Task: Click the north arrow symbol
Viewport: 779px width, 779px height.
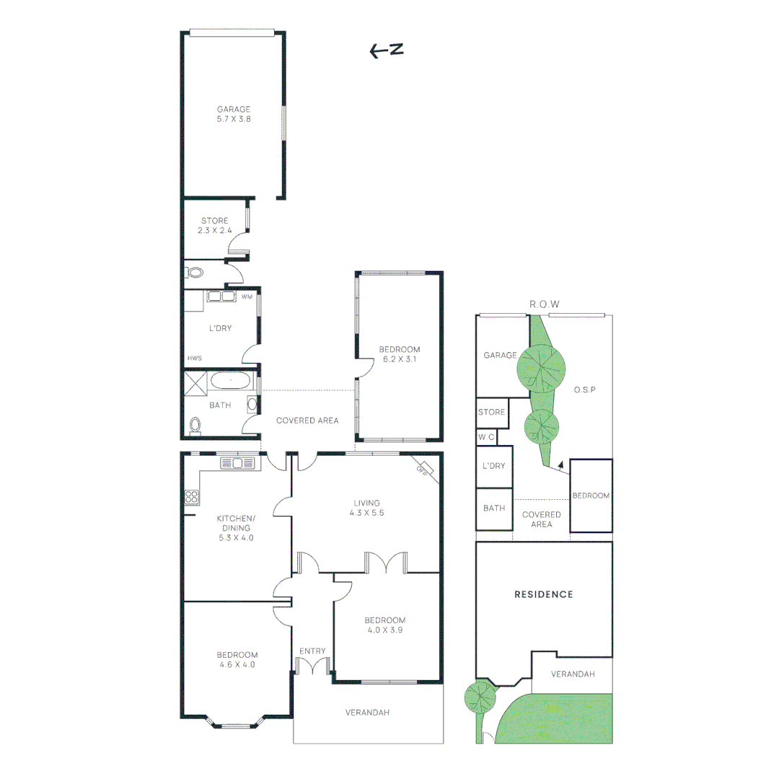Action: coord(386,50)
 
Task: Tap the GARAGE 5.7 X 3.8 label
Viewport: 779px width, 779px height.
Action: coord(234,115)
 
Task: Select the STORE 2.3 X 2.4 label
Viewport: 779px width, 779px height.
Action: coord(214,226)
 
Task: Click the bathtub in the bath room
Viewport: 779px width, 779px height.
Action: coord(231,380)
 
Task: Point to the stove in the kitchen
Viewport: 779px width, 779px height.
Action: coord(192,496)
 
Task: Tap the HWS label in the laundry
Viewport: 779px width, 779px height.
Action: coord(194,358)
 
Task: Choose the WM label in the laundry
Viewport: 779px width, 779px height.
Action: coord(247,296)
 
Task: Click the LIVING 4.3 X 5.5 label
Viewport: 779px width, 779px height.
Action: coord(366,508)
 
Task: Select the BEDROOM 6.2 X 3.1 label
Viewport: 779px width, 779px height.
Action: coord(399,354)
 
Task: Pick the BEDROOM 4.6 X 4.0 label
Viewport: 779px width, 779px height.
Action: coord(237,660)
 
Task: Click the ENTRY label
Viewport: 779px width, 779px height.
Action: coord(312,651)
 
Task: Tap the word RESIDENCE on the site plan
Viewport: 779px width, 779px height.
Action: coord(544,594)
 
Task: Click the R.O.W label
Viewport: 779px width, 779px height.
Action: coord(545,304)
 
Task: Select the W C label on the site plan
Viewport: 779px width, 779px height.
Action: coord(485,437)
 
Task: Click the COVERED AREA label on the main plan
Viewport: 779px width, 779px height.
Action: coord(307,421)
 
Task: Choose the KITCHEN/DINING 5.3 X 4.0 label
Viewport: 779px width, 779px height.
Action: coord(236,527)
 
